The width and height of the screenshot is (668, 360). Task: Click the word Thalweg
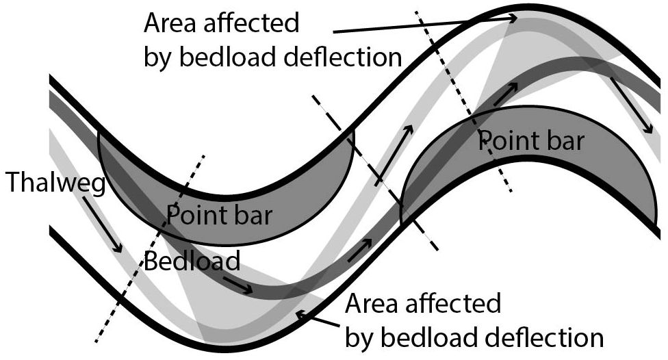tap(54, 183)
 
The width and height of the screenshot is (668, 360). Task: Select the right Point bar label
tap(531, 142)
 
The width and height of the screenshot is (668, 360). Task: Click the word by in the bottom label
tap(362, 337)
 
